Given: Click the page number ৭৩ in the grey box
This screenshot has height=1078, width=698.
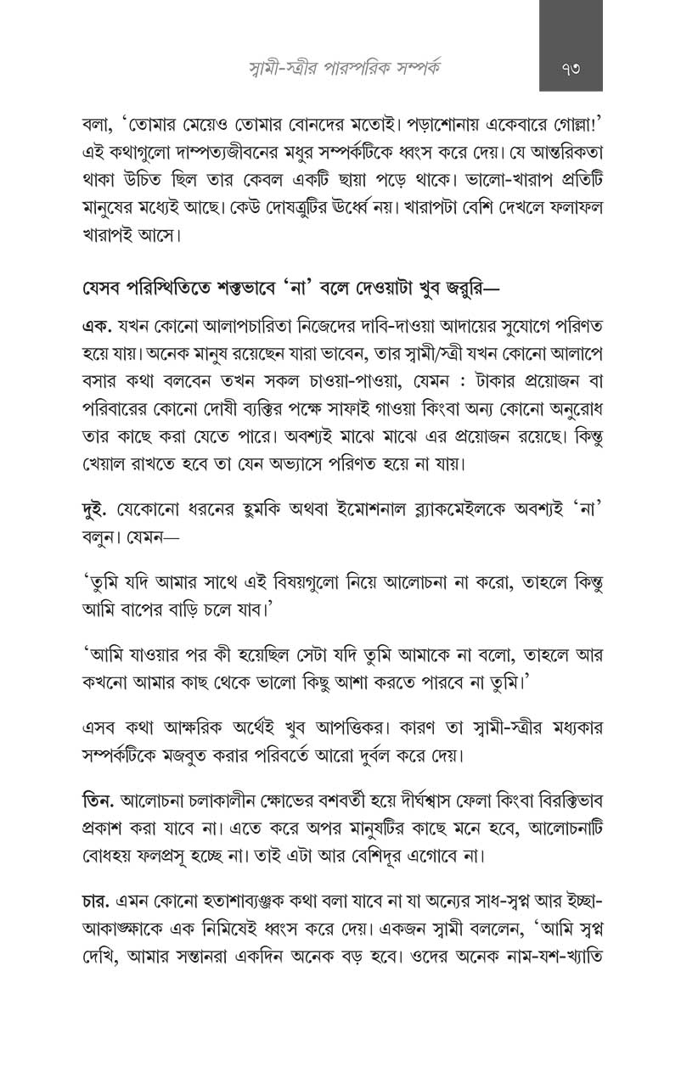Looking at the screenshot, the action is [571, 67].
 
